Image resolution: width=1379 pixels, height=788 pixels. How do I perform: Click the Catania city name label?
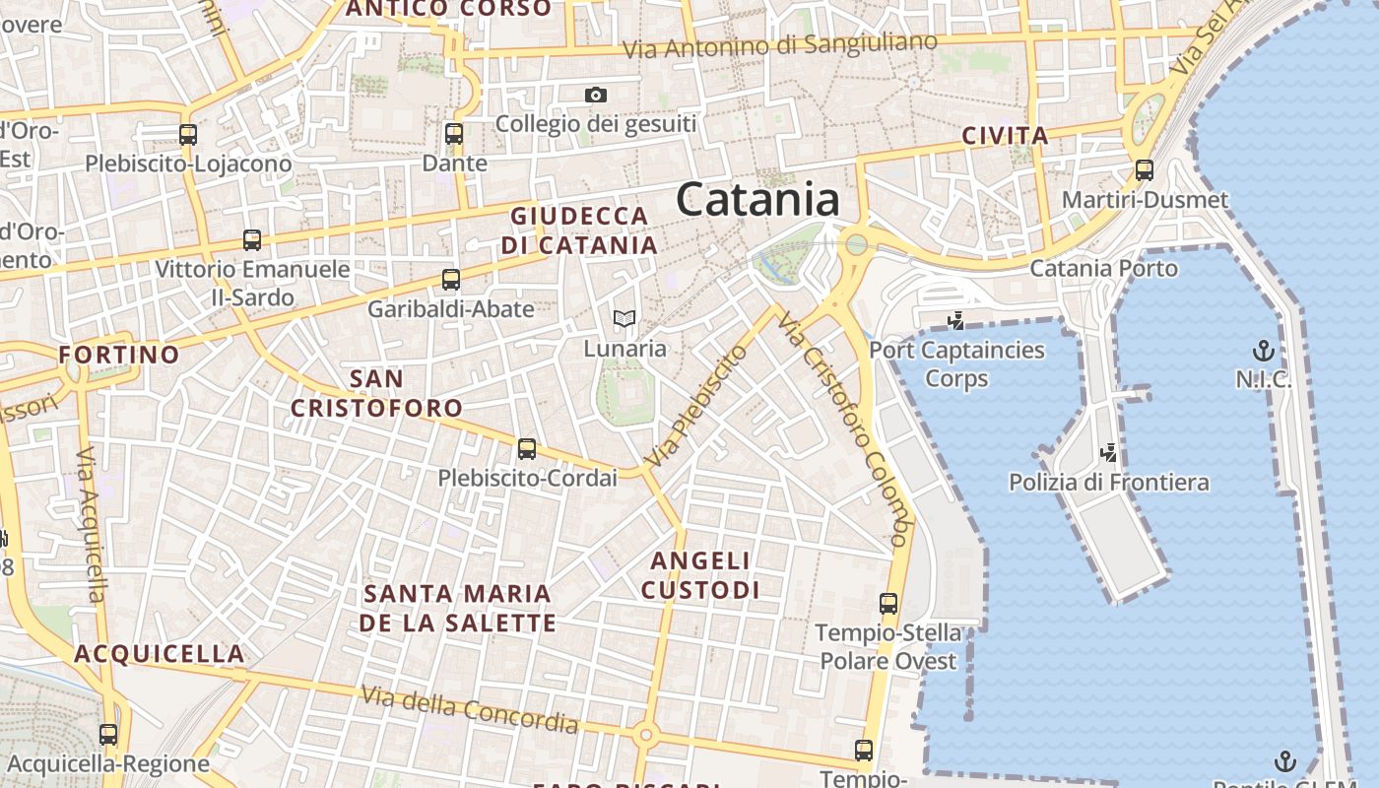[x=757, y=200]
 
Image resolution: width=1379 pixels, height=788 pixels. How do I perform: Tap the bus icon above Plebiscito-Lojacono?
[x=188, y=135]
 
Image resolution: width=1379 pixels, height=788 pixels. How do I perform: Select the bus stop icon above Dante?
[x=454, y=134]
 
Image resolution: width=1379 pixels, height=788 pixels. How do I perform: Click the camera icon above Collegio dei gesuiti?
[x=595, y=96]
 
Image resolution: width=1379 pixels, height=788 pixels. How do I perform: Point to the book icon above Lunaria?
[x=624, y=319]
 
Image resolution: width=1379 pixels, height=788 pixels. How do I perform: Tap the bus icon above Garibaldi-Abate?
[x=451, y=280]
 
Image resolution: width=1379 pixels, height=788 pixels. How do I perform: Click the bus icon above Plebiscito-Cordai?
[x=527, y=449]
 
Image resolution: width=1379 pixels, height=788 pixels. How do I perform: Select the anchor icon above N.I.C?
[x=1263, y=351]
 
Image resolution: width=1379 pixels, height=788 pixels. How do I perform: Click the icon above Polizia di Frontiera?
[x=1109, y=453]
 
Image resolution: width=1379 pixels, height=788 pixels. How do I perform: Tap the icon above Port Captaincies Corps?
[x=954, y=320]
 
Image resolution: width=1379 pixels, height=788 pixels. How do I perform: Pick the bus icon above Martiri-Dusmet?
[x=1145, y=169]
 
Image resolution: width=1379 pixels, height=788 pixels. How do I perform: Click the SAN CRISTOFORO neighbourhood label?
[x=376, y=393]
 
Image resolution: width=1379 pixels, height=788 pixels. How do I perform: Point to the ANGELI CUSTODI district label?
[x=700, y=575]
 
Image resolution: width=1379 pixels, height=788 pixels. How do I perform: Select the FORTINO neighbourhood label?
[x=119, y=355]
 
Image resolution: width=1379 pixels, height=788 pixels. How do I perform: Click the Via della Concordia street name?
[x=469, y=710]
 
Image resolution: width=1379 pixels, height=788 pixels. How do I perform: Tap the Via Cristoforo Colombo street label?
[x=842, y=429]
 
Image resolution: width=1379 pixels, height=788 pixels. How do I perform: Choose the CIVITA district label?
[x=1005, y=136]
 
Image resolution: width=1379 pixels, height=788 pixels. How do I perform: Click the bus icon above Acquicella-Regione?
[x=108, y=735]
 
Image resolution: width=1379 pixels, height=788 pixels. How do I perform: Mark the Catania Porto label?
[x=1103, y=268]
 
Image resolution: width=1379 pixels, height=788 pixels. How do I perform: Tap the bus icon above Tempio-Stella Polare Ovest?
[x=888, y=604]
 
